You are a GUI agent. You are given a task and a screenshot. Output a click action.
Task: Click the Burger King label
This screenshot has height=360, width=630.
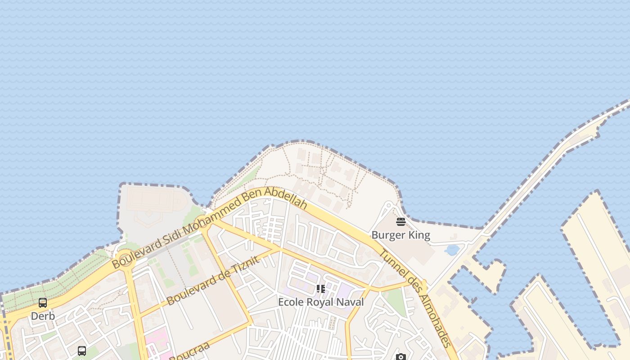[400, 235]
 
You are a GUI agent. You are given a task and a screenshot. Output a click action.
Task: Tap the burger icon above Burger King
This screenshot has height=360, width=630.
[401, 222]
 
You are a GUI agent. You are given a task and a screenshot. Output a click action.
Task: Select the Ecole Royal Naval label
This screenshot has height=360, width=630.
[320, 302]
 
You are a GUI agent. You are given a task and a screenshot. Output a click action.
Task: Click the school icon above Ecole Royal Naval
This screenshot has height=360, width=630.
[320, 288]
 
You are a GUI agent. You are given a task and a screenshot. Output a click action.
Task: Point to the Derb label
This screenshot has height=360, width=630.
[43, 316]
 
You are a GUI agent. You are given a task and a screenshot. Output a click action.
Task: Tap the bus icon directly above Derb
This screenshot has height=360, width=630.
[43, 303]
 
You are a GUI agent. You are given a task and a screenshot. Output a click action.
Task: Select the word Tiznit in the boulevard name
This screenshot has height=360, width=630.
[245, 266]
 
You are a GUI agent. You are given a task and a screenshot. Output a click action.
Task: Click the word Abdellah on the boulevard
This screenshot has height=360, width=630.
[286, 198]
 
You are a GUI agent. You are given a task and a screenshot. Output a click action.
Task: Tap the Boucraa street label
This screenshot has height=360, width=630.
[190, 351]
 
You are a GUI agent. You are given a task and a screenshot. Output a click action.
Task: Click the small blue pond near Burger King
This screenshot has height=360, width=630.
[451, 250]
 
